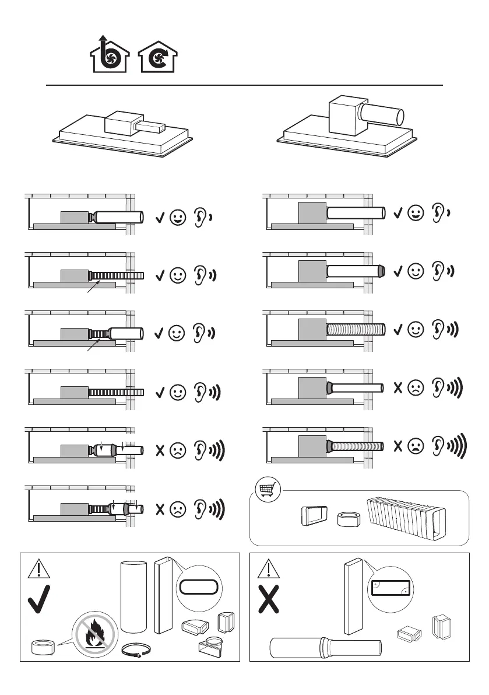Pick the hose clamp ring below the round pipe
pos(135,650)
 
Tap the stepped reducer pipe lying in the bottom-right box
pos(326,648)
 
